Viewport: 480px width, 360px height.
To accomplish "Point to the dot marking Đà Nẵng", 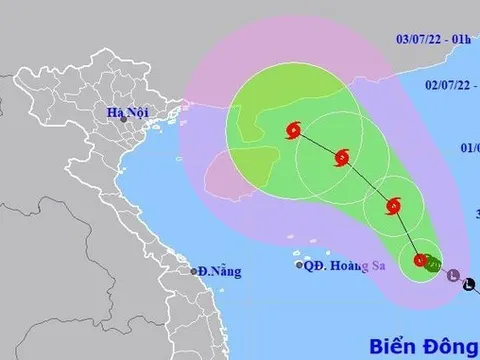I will click(x=195, y=271).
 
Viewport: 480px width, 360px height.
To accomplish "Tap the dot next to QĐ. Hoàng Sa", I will click(x=299, y=265).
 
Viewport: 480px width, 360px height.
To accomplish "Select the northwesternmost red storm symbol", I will click(x=293, y=128).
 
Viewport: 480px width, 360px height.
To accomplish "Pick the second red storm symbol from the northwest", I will click(x=342, y=157).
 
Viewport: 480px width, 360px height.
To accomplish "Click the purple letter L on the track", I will click(x=453, y=275).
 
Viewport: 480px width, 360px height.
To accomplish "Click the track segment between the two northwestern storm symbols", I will click(x=318, y=143).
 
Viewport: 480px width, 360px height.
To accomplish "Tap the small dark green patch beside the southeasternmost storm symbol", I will click(x=434, y=264).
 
